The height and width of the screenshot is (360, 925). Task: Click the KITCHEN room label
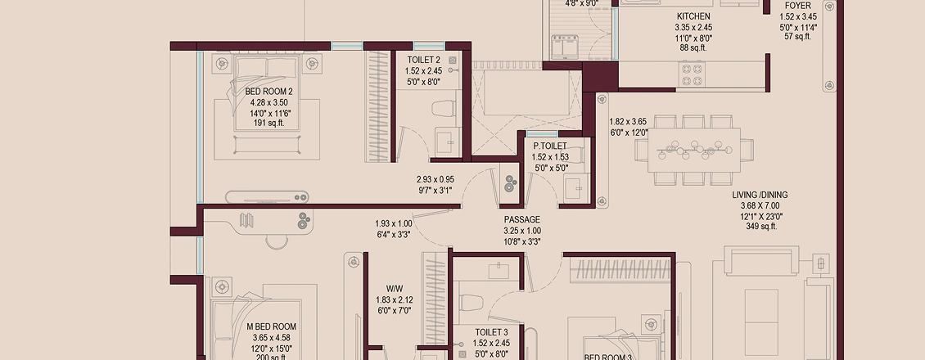coord(693,16)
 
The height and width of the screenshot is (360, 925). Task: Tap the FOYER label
coord(798,6)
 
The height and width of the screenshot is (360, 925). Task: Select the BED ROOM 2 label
coord(264,92)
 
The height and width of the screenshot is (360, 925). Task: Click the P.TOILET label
coord(550,146)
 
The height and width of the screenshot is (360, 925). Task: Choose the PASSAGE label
coord(521,220)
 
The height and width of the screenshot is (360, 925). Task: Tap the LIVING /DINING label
coord(760,195)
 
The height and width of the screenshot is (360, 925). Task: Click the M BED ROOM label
coord(272,326)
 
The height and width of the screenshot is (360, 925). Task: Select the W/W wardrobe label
coord(395,289)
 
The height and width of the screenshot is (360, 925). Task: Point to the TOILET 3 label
coord(492,332)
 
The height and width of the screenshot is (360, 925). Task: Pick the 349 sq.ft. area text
coord(760,227)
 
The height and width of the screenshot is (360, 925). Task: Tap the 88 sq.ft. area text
coord(693,48)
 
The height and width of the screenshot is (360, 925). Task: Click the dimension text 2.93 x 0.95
coord(435,179)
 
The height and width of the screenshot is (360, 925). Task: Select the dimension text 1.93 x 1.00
coord(394,223)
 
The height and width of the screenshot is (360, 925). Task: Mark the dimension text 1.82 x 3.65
coord(628,121)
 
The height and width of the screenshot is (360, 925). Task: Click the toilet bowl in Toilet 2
coord(444,109)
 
